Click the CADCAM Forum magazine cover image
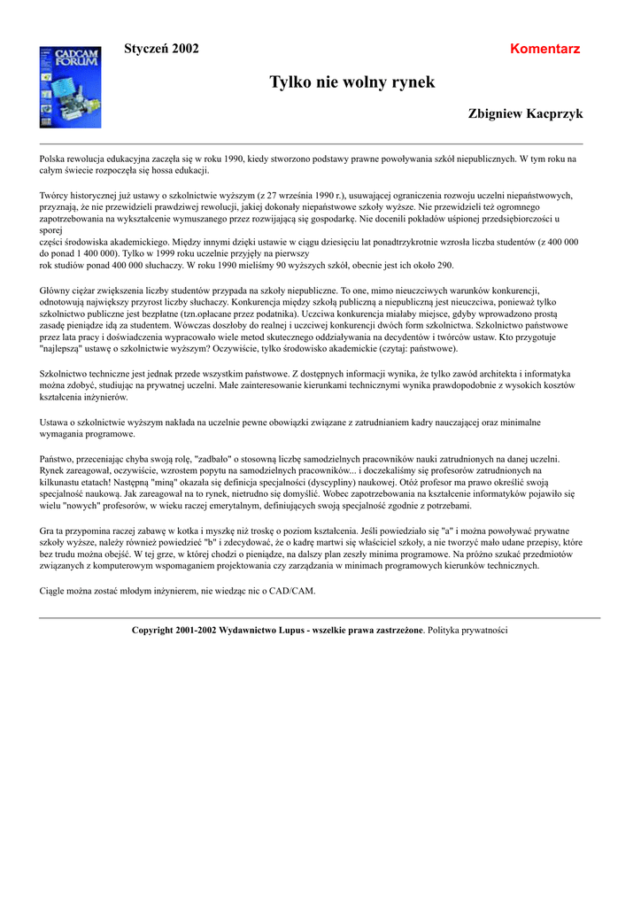coord(58,87)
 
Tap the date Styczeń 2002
coord(161,49)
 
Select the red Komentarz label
coord(545,49)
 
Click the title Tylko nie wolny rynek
coord(352,82)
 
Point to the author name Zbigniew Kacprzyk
coord(525,114)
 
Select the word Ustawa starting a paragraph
coord(55,422)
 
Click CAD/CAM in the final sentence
coord(292,590)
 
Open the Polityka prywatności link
coord(468,631)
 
